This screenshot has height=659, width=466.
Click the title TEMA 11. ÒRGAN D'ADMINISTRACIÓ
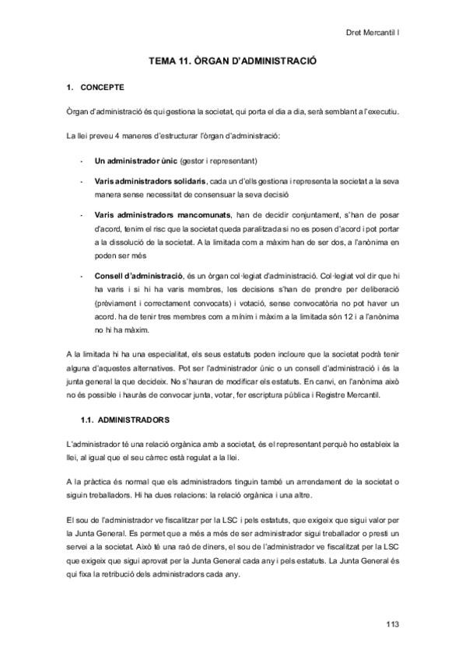click(x=233, y=60)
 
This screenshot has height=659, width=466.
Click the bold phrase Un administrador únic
click(x=135, y=161)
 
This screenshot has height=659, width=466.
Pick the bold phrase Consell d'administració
click(x=137, y=275)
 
